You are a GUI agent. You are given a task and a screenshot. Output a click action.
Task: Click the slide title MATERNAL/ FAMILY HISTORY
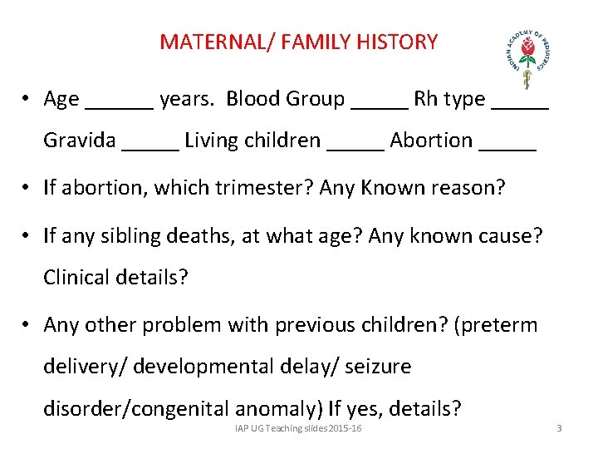[298, 42]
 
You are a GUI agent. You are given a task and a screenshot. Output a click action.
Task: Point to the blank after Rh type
[520, 106]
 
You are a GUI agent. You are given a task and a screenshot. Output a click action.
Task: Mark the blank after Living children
[355, 148]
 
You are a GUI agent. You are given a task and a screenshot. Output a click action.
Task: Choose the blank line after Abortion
[507, 148]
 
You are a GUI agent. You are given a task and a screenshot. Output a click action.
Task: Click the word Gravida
[80, 141]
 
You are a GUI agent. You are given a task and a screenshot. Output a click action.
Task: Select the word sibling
[125, 237]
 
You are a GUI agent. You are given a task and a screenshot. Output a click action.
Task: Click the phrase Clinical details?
[115, 277]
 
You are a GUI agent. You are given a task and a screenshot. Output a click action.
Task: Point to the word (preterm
[496, 324]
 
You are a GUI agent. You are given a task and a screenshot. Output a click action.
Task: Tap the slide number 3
[559, 428]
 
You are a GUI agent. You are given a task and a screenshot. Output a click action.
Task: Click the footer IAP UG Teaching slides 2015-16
[298, 427]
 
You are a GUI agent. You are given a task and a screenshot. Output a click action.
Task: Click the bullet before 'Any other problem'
[27, 325]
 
